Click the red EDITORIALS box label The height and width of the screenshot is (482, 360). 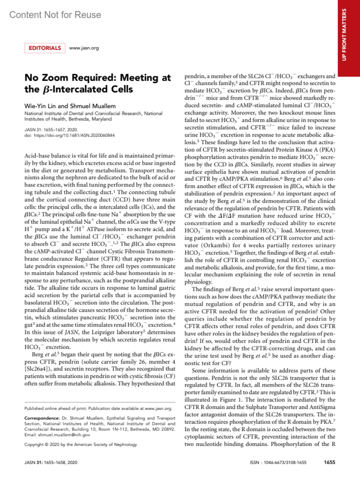(45, 48)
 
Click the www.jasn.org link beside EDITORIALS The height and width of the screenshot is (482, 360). (84, 48)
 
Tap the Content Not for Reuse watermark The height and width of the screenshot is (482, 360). (55, 15)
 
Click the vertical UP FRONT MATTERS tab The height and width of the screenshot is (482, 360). (344, 34)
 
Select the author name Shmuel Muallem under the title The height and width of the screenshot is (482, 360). (93, 106)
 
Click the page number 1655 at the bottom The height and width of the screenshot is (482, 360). (329, 462)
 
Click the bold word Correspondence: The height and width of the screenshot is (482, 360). (42, 418)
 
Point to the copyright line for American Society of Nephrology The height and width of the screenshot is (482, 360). (80, 445)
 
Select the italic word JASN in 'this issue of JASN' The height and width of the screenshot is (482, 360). (68, 332)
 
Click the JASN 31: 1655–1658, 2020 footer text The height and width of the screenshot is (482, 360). (51, 463)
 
